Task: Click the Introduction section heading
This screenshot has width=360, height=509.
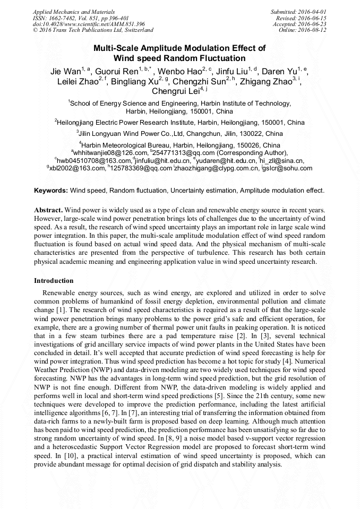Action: coord(54,281)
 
